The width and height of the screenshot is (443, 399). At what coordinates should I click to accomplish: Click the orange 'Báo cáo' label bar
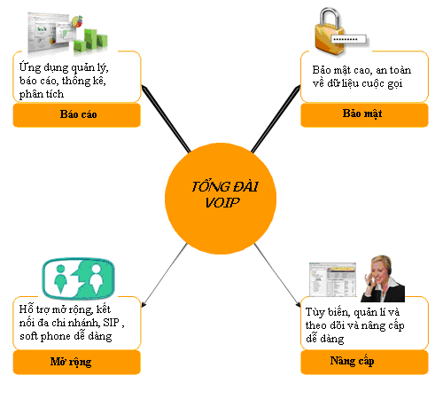77,115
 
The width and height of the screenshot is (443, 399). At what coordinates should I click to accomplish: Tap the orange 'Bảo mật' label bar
364,115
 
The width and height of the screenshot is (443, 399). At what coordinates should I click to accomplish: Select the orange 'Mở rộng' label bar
77,362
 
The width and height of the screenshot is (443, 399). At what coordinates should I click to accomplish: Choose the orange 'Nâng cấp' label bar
364,362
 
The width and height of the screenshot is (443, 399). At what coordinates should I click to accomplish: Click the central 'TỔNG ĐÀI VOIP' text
224,194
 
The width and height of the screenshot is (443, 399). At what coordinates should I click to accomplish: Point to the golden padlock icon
330,32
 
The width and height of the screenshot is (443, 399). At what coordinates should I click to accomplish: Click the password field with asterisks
349,39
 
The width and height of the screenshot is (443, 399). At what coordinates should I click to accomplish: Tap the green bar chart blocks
90,41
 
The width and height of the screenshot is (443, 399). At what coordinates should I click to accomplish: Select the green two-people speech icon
78,278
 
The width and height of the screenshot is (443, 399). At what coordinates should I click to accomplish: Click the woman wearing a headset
384,278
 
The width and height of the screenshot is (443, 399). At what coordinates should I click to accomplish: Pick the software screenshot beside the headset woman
332,279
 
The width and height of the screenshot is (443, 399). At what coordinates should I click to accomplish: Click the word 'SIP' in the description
111,323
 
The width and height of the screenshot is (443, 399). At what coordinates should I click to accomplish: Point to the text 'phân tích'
42,94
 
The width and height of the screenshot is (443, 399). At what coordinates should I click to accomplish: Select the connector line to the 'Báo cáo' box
167,119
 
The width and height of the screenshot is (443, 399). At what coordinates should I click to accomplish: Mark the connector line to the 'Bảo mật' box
276,119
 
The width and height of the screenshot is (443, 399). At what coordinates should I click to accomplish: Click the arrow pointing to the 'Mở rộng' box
165,275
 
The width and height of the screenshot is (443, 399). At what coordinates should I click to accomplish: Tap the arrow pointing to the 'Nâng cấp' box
277,275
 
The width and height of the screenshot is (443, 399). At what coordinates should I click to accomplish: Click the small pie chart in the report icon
77,21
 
